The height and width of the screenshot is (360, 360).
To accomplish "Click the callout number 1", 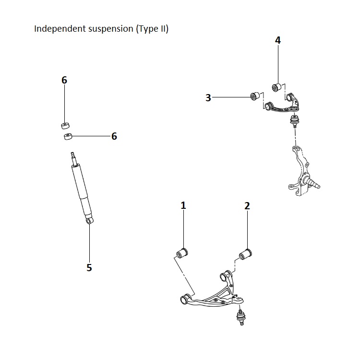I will pyautogui.click(x=183, y=205).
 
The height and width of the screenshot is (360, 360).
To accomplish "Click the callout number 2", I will pyautogui.click(x=247, y=206).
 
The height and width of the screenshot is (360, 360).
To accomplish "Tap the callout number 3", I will pyautogui.click(x=208, y=98).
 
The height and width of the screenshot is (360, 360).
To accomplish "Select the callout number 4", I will pyautogui.click(x=277, y=40).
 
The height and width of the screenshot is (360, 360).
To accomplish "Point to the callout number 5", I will pyautogui.click(x=89, y=268).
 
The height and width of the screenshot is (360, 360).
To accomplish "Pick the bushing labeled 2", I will pyautogui.click(x=246, y=253).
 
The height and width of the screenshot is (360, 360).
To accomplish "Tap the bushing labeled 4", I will pyautogui.click(x=277, y=87).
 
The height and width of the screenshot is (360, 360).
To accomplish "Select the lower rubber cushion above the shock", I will pyautogui.click(x=68, y=137).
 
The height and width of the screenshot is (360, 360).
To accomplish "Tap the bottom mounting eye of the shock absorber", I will pyautogui.click(x=89, y=220).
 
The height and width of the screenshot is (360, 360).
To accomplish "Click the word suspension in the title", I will pyautogui.click(x=110, y=29).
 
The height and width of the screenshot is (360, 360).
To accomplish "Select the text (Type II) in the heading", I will pyautogui.click(x=152, y=29).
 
